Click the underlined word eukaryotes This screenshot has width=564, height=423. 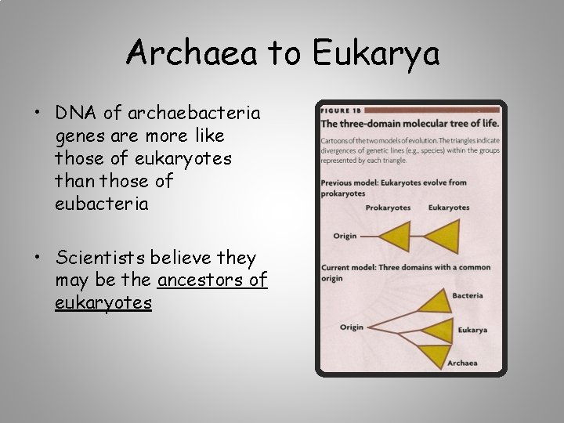point(103,302)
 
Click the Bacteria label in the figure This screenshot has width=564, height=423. point(468,295)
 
